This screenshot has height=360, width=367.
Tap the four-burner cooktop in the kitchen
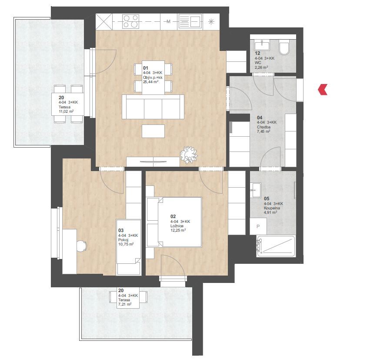[130, 21]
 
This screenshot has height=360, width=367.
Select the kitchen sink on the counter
[190, 21]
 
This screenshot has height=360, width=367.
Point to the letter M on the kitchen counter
[168, 22]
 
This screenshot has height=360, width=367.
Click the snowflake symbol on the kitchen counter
[211, 22]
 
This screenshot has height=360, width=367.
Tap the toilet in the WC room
[284, 47]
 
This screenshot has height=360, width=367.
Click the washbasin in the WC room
[262, 45]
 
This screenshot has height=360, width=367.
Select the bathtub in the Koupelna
[276, 246]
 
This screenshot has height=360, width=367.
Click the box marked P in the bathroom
[258, 226]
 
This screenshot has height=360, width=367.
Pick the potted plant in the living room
[188, 155]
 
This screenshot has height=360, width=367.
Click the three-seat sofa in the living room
[153, 107]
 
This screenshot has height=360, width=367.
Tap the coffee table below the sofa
[153, 131]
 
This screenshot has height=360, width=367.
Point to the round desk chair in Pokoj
[82, 246]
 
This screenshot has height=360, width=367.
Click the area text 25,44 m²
[151, 82]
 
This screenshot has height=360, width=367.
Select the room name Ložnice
[177, 226]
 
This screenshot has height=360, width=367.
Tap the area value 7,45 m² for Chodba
[264, 131]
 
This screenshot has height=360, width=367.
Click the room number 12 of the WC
[257, 53]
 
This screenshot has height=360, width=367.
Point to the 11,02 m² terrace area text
[66, 111]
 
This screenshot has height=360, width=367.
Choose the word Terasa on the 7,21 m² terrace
[124, 300]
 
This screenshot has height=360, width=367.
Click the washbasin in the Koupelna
[256, 190]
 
